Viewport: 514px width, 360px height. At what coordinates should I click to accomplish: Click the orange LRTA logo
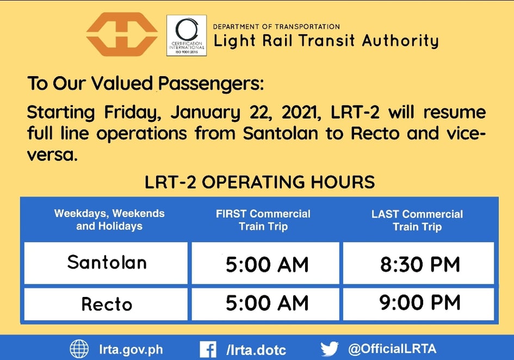tap(122, 34)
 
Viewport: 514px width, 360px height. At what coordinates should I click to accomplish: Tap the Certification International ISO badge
tap(187, 35)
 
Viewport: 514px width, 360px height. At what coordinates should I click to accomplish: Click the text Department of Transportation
tap(276, 27)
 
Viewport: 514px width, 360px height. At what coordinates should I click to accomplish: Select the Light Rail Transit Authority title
tap(326, 41)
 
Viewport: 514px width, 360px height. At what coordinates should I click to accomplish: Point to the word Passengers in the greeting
tap(211, 84)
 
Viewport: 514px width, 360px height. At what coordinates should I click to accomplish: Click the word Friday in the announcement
tap(132, 113)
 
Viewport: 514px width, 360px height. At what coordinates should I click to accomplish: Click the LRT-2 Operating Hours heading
tap(259, 182)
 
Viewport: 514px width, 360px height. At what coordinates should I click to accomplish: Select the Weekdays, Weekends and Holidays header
tap(109, 220)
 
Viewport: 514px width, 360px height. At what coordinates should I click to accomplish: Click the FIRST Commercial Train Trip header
tap(263, 220)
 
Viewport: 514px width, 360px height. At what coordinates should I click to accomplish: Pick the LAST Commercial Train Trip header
tap(417, 220)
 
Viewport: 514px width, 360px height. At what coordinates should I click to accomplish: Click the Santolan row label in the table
tap(107, 263)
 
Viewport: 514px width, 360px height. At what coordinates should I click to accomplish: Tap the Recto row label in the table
tap(107, 304)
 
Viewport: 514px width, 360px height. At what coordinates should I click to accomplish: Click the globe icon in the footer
tap(79, 349)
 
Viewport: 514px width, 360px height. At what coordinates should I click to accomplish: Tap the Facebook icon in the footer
tap(208, 350)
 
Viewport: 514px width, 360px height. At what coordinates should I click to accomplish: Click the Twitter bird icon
tap(330, 349)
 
